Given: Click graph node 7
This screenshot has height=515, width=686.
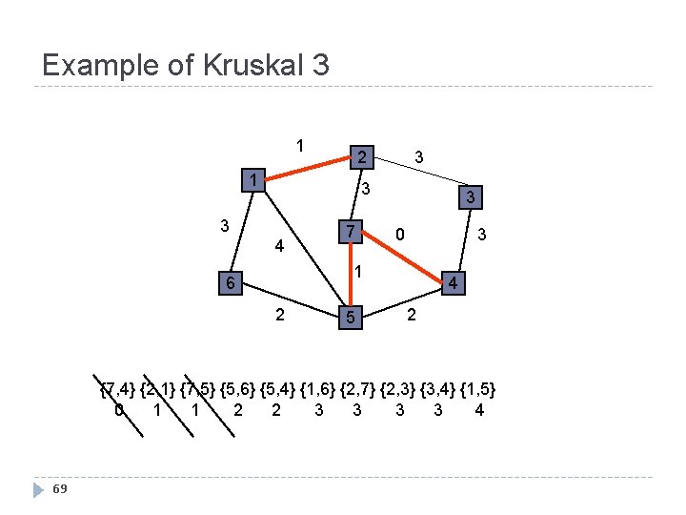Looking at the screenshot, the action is [351, 232].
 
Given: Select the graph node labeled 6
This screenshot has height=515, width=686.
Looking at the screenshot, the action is [228, 283].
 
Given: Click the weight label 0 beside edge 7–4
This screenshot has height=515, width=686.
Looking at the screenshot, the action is [401, 233].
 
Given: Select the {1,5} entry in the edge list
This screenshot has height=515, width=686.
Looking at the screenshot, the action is [477, 389].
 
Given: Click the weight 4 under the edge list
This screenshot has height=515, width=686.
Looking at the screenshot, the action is [479, 411].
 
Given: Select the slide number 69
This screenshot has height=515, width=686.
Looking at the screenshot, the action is [60, 489].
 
